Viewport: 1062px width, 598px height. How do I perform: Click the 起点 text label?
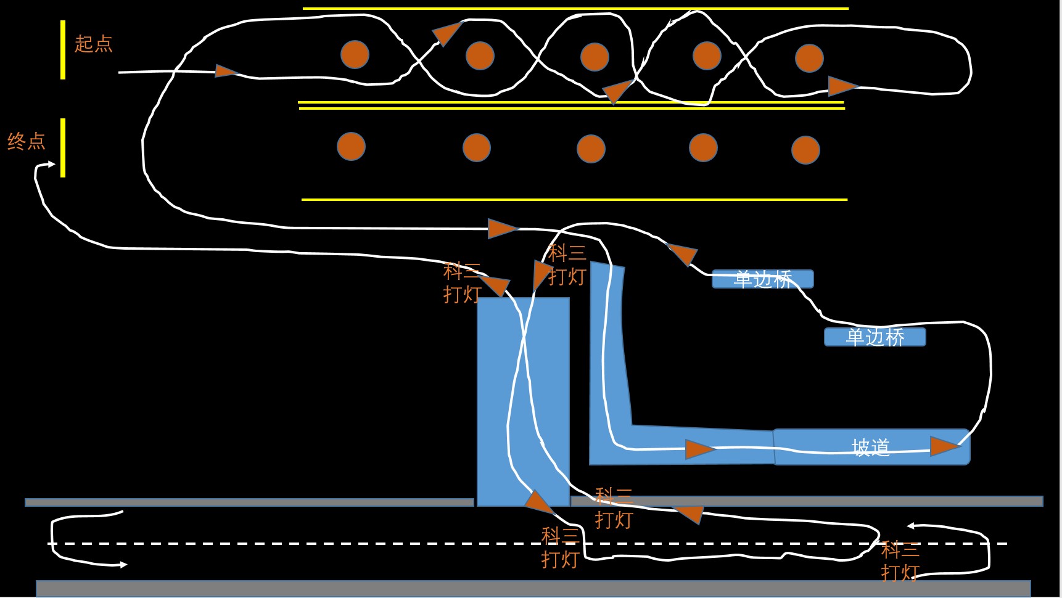(93, 44)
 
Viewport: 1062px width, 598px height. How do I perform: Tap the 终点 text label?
(27, 141)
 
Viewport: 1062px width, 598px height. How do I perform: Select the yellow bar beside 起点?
(63, 50)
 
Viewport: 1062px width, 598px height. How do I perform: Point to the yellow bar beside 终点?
(63, 148)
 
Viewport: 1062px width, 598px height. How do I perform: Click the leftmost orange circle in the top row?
(355, 54)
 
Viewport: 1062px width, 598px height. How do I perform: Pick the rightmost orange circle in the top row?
(809, 58)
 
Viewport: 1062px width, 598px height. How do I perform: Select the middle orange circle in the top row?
(595, 57)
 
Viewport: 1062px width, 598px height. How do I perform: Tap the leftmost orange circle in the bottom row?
(351, 147)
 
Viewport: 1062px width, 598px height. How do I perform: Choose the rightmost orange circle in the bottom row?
(805, 150)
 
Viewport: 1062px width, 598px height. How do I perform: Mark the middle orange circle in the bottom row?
(591, 149)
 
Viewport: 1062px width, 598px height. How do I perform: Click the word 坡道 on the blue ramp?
(871, 448)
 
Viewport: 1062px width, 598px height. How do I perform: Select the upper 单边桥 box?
(762, 279)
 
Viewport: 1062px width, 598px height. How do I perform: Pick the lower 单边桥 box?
(875, 337)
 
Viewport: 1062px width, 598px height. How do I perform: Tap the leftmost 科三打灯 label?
(462, 282)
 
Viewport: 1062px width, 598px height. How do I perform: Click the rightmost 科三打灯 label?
(900, 560)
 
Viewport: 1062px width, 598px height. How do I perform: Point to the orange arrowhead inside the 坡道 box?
(944, 446)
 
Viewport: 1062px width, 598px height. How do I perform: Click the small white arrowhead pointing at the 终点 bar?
(51, 164)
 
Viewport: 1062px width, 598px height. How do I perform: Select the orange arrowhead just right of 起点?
(225, 72)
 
